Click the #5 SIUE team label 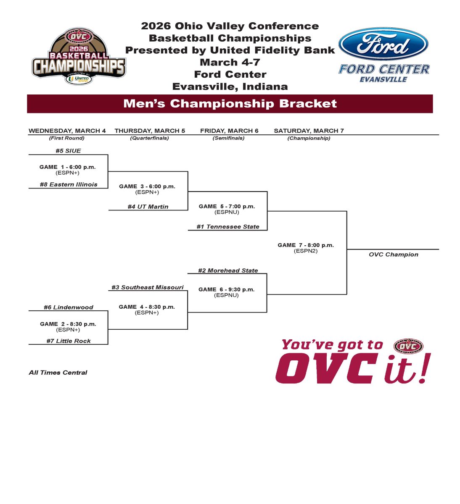coord(68,151)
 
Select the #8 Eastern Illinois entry coord(69,184)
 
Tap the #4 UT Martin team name coord(148,207)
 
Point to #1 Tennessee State coord(228,227)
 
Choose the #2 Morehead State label coord(228,270)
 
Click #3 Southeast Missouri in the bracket coord(148,287)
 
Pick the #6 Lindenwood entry coord(69,307)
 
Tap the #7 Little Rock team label coord(69,341)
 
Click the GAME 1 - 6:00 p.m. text coord(67,167)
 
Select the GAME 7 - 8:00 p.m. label coord(306,245)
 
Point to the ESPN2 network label coord(306,251)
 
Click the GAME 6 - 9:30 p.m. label coord(227,289)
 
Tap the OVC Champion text coord(394,255)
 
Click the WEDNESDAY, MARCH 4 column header coord(67,131)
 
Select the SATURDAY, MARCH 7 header coord(309,131)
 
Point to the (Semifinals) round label coord(228,138)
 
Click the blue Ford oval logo coord(383,44)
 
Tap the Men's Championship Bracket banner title coord(230,103)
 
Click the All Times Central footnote coord(58,373)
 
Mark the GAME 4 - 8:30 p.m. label coord(147,307)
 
